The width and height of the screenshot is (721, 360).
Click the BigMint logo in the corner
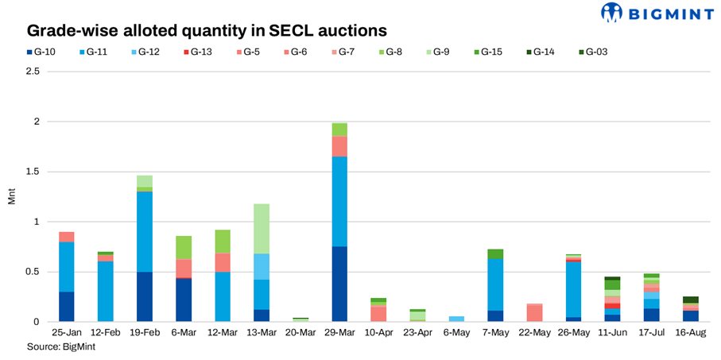pyautogui.click(x=659, y=14)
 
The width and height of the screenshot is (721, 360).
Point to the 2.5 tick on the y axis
pyautogui.click(x=33, y=72)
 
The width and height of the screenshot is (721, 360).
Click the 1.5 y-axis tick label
pyautogui.click(x=33, y=172)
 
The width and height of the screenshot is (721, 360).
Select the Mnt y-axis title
pyautogui.click(x=11, y=196)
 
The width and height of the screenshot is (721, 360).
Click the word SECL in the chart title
pyautogui.click(x=262, y=31)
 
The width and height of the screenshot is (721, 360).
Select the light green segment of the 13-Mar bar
pyautogui.click(x=256, y=229)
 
